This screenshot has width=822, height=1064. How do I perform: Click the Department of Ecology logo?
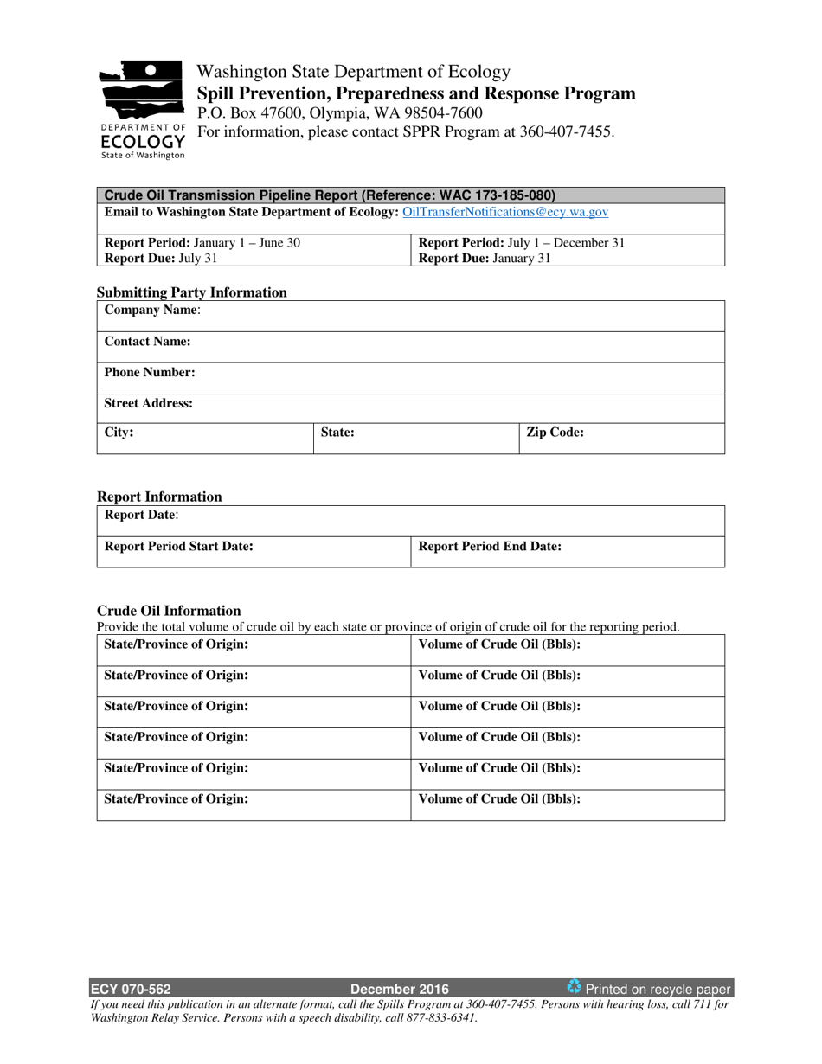142,108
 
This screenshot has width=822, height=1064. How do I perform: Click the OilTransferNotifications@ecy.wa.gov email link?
505,211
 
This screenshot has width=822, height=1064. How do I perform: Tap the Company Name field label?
152,310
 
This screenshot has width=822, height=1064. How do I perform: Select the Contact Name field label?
147,342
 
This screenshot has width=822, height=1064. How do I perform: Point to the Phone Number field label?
150,373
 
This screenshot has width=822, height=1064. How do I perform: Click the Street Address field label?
148,403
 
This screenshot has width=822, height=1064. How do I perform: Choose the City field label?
119,433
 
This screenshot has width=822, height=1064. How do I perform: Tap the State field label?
337,433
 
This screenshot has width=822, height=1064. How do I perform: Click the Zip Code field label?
555,433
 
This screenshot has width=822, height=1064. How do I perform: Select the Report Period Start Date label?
178,546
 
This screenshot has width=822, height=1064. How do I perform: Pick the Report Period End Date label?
490,546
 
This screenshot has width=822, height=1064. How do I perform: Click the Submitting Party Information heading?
191,292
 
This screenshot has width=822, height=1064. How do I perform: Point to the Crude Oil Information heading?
169,611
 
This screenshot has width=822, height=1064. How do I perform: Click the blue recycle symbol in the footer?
574,987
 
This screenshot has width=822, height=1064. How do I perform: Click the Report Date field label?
142,515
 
